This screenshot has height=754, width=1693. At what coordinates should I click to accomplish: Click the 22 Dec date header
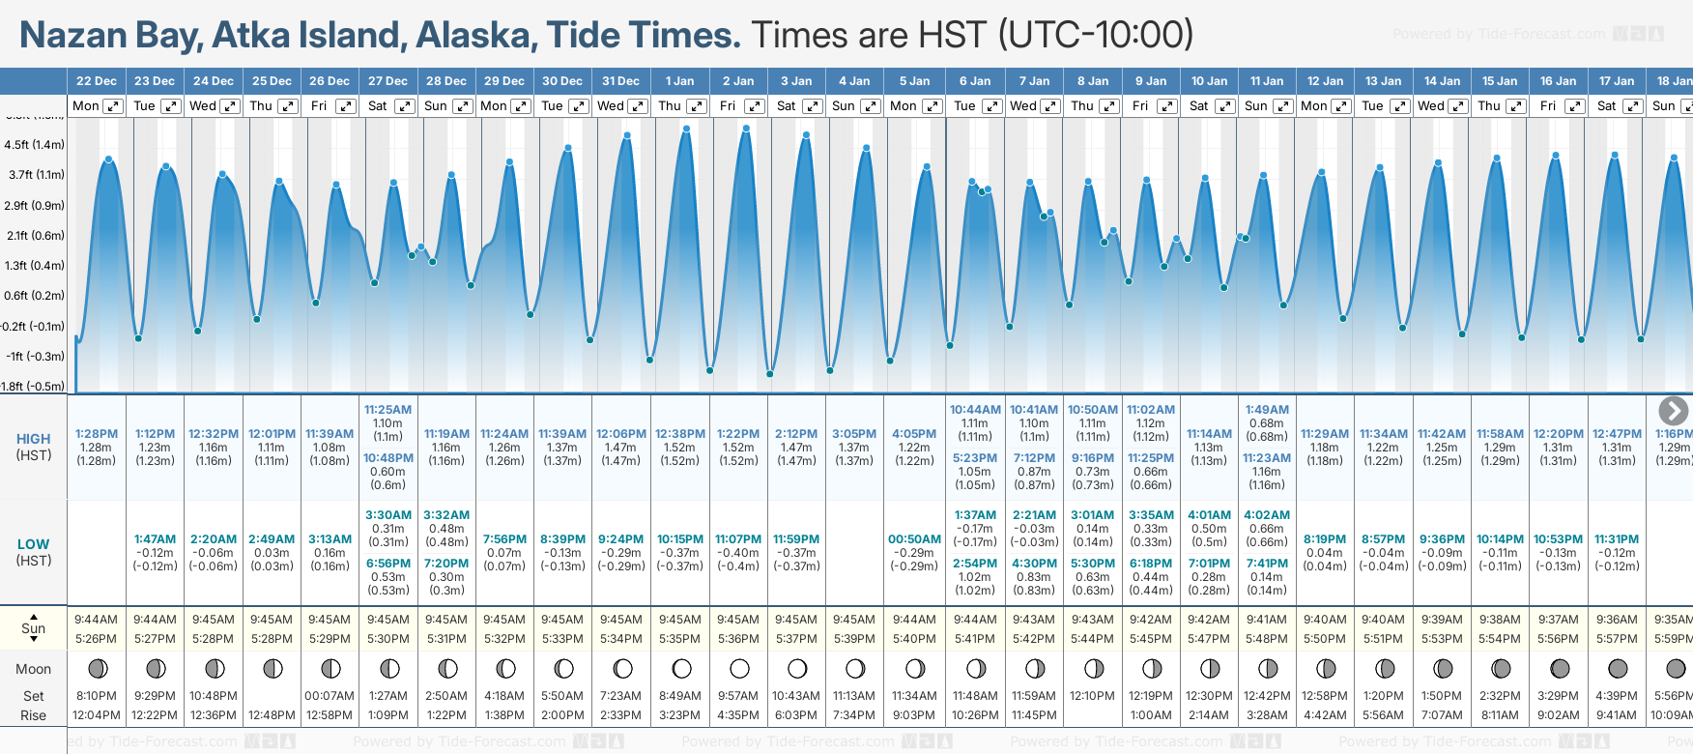96,81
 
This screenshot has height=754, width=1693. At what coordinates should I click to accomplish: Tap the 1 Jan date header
679,81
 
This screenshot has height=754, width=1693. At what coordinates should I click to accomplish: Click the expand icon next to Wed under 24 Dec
230,106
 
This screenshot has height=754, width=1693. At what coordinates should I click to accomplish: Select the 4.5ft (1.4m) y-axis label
35,145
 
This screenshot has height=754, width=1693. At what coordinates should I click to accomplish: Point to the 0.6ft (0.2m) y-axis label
35,296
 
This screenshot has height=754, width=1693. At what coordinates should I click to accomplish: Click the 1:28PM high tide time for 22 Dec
97,434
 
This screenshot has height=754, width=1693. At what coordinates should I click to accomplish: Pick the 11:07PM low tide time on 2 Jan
738,539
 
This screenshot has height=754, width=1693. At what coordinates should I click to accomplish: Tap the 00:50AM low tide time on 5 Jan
914,539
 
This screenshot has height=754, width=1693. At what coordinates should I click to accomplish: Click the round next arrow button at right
1673,411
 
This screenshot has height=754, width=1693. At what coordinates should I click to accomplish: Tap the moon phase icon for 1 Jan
681,668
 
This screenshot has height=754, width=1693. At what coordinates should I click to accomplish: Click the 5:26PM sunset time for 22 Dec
97,639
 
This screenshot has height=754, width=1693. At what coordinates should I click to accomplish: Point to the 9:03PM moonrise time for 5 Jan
914,715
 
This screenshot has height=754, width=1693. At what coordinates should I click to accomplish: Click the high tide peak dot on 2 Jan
746,129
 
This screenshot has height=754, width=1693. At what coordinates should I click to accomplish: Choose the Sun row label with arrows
34,628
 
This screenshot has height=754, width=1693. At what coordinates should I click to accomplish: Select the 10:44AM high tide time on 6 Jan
975,410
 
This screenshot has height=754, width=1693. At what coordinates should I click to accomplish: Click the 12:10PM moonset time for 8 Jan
1093,696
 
